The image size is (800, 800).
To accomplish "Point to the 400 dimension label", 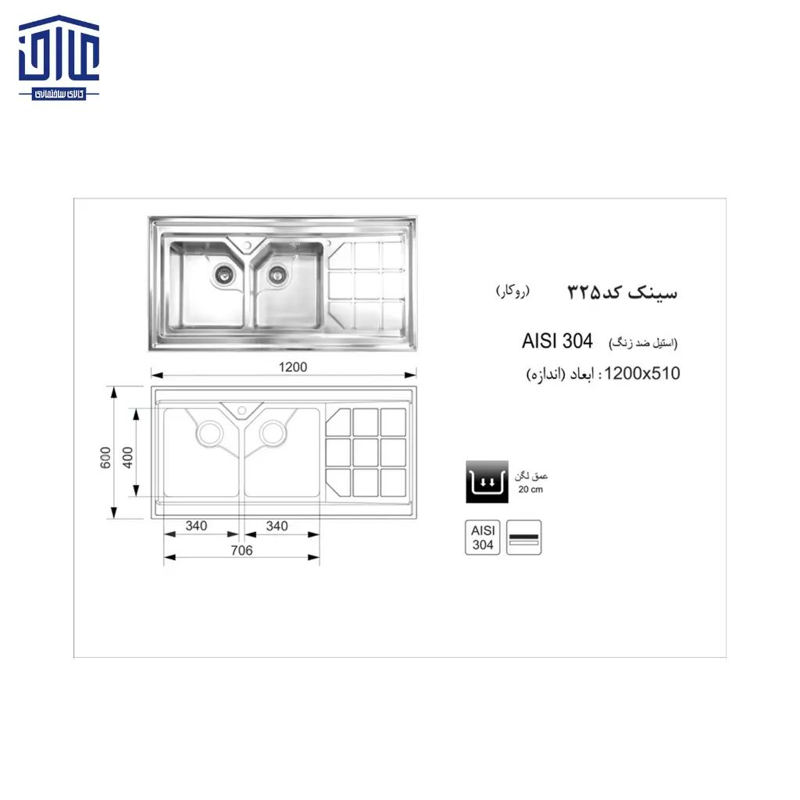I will (129, 456).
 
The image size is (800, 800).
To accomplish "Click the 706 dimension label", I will (242, 551).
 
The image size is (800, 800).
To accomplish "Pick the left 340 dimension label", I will (196, 526).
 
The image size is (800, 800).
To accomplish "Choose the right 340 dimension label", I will (277, 526).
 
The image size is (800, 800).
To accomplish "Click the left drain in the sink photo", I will (223, 273).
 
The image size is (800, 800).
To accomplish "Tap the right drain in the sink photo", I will (276, 273).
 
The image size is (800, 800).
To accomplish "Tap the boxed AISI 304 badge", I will (483, 537).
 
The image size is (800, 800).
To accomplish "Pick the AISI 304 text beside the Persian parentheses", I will (557, 341).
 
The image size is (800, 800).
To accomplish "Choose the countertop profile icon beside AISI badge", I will (524, 537).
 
